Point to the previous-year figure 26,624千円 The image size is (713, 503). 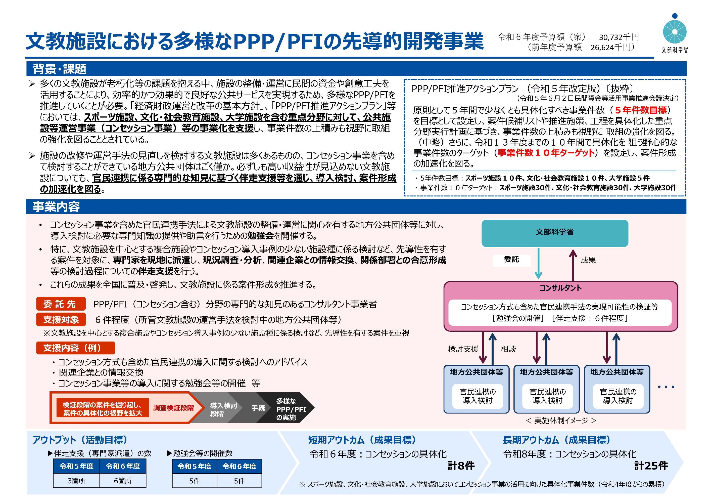point(610,48)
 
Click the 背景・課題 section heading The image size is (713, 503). point(60,69)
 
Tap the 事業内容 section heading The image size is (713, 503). point(56,206)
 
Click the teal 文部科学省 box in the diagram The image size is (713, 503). point(555,233)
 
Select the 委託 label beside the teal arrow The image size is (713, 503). point(511,260)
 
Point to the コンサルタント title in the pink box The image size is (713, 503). point(560,288)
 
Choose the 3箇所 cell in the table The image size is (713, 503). point(76,481)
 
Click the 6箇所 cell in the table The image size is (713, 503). point(123,481)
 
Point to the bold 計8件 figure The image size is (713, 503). point(461,466)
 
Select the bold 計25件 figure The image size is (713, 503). point(651,466)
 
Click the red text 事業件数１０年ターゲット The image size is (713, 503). point(546,153)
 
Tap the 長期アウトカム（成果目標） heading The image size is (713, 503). point(556,440)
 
